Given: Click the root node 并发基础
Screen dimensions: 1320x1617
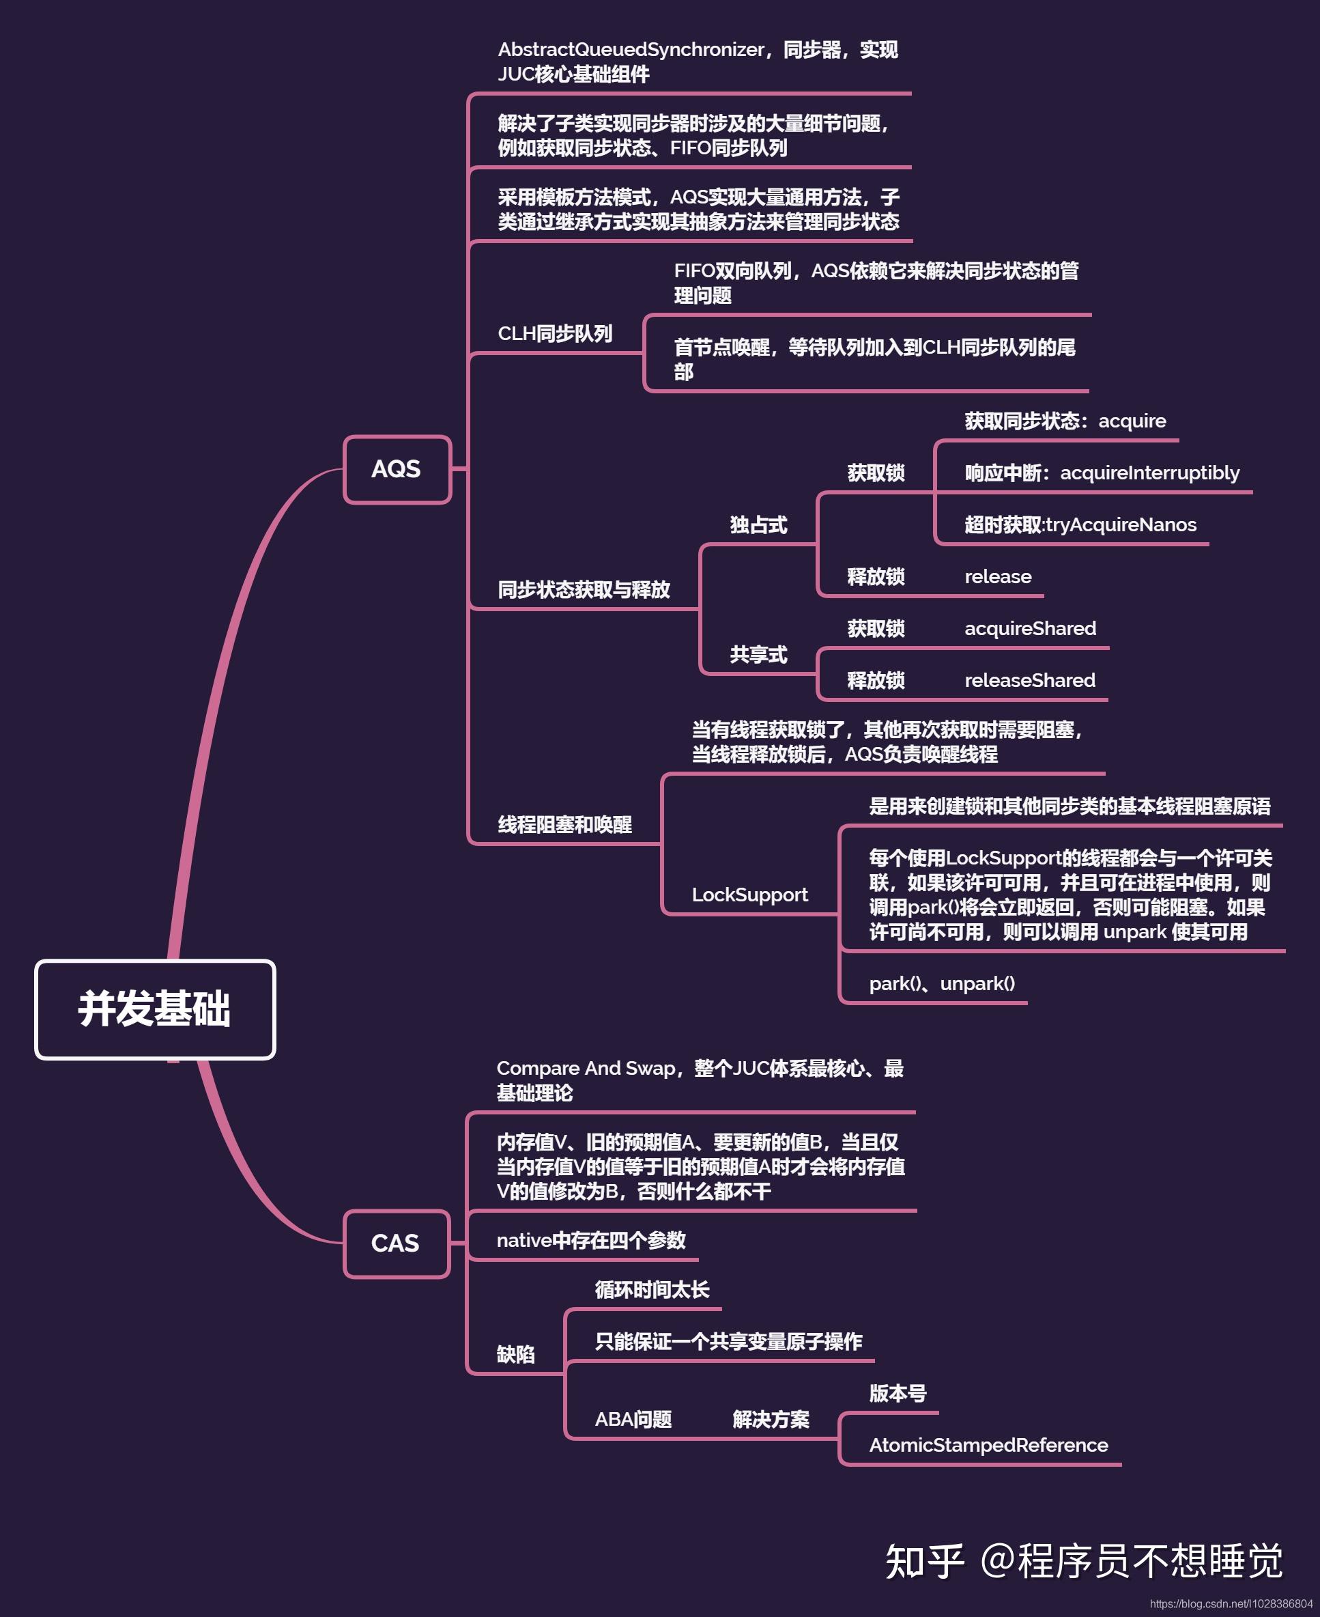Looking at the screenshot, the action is (x=154, y=1009).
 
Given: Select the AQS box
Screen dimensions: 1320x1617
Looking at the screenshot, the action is (x=397, y=469).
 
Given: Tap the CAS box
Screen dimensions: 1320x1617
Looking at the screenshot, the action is (x=396, y=1243).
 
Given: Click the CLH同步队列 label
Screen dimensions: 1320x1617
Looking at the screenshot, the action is (x=554, y=334).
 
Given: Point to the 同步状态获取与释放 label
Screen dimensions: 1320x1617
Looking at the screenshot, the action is (x=583, y=589).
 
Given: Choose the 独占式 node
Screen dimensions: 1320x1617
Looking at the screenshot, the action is (x=758, y=525).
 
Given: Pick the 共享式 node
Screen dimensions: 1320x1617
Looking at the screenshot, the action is (x=758, y=654).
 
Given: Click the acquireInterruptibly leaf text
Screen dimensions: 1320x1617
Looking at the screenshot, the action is (x=1149, y=473).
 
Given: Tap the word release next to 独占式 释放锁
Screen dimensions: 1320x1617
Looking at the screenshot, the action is (x=998, y=576).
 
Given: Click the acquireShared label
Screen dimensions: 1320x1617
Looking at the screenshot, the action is (x=1031, y=628).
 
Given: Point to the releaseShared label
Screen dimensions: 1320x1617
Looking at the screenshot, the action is (x=1029, y=680).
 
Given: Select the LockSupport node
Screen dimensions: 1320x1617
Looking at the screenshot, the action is (x=749, y=895).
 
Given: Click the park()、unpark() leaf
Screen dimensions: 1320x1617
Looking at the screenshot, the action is (x=942, y=983).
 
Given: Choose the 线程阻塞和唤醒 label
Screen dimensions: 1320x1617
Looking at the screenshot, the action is (x=564, y=824).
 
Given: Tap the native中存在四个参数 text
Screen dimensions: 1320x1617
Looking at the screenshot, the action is (x=591, y=1241).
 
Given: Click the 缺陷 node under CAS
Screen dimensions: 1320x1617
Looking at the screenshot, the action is (x=515, y=1355).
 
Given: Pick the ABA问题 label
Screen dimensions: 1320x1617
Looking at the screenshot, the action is (x=633, y=1419).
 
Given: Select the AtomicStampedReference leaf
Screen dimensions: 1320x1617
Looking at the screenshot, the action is (x=988, y=1445).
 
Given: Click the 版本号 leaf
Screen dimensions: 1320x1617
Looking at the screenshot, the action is (x=898, y=1394).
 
